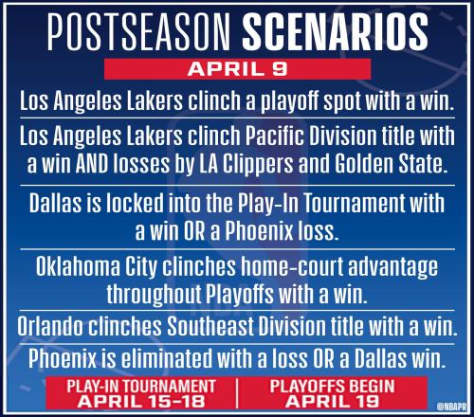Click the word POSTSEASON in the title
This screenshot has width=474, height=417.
click(x=138, y=32)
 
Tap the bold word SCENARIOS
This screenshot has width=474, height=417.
click(x=336, y=32)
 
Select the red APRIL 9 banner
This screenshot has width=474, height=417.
click(x=237, y=69)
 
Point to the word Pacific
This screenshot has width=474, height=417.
click(x=275, y=136)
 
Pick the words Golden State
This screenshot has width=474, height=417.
click(x=392, y=163)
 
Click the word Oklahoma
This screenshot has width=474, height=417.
click(x=78, y=266)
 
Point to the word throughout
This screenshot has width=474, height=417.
click(x=154, y=295)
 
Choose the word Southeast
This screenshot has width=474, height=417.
click(x=210, y=326)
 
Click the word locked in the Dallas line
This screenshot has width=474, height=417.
click(x=135, y=203)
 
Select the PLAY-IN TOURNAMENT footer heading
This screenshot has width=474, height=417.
click(x=141, y=386)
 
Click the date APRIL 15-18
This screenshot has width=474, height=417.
click(x=141, y=401)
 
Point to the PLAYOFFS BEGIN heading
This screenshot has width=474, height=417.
click(x=332, y=386)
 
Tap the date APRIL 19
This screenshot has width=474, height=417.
click(x=332, y=401)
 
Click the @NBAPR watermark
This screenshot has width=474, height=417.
click(x=451, y=407)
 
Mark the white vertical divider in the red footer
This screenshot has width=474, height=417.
click(x=237, y=393)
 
